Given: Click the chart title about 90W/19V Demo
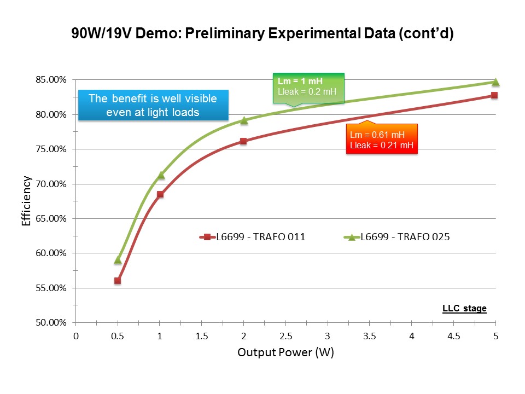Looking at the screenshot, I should point(263,34).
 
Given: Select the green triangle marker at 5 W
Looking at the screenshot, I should point(495,82).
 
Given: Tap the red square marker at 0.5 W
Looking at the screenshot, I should point(118,281).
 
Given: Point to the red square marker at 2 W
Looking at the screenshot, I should point(243,141).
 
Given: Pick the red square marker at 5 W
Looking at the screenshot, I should point(494,95).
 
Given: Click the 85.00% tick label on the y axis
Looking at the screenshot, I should point(51,80).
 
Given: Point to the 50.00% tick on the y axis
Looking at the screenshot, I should point(51,323).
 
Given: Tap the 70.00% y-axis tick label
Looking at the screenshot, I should point(51,184).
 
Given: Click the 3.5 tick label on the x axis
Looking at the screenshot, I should point(369,336).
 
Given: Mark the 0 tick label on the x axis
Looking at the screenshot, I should point(76,336).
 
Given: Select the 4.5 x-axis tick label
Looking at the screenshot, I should point(453,336).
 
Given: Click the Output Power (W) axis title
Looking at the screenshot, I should point(285,353).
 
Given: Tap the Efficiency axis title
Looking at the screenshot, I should point(26,201).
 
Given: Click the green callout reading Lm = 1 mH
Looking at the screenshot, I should point(308,88).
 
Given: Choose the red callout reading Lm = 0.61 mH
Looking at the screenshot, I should point(382,139).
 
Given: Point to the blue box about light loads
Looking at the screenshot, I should point(153,105).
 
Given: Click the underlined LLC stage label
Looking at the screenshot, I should point(464,309).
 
